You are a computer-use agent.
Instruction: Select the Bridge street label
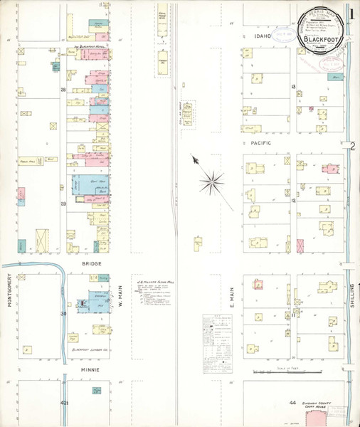click(x=92, y=263)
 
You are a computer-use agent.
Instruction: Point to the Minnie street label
click(x=89, y=371)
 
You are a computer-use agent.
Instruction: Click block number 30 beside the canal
click(x=63, y=313)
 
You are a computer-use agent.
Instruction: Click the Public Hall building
click(x=28, y=164)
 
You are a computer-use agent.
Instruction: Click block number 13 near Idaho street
click(x=293, y=85)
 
